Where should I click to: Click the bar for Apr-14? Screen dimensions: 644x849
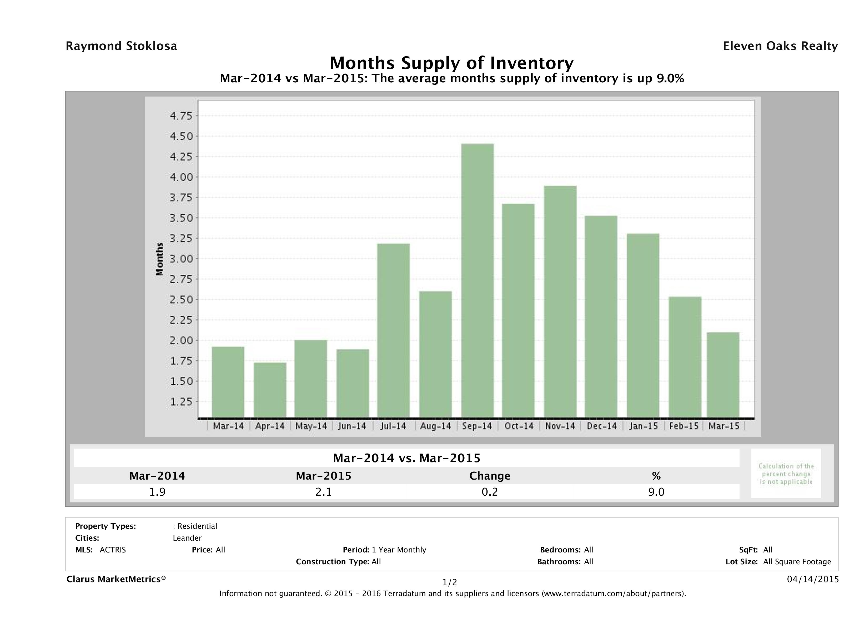pyautogui.click(x=270, y=390)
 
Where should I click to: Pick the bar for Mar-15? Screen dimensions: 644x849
pyautogui.click(x=723, y=375)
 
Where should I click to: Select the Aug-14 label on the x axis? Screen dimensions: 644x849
pyautogui.click(x=435, y=426)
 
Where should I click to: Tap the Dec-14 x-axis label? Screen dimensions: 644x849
pyautogui.click(x=601, y=426)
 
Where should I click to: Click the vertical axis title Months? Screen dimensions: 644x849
pyautogui.click(x=160, y=259)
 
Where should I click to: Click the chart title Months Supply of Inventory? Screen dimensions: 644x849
pyautogui.click(x=452, y=63)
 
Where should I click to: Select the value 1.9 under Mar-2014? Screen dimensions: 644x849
pyautogui.click(x=157, y=492)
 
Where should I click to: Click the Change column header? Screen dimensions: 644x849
pyautogui.click(x=490, y=476)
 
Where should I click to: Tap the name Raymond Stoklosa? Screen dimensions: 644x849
pyautogui.click(x=121, y=46)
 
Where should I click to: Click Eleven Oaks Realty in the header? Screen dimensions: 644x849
pyautogui.click(x=780, y=46)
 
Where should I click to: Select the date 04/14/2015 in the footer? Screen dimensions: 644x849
pyautogui.click(x=812, y=579)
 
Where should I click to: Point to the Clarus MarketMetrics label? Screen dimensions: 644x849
pyautogui.click(x=116, y=579)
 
